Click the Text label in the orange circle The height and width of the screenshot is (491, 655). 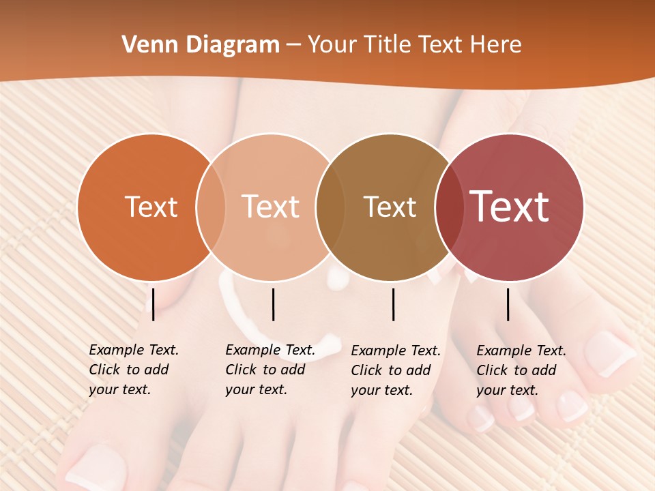pos(151,207)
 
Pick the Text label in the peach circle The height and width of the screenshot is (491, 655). pos(271,207)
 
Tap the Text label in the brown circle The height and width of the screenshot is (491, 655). pos(390,207)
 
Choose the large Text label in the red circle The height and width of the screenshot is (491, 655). pos(510,207)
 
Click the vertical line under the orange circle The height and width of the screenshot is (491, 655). pos(154,304)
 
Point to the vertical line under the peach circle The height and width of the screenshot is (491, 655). pos(273,304)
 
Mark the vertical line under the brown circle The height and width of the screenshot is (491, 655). pos(393,304)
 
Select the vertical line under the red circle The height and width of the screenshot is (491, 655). pos(508,304)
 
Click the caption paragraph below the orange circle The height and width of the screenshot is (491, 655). pos(133,370)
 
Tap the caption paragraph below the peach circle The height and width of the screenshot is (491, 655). pos(270,370)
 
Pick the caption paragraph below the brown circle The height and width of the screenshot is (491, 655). pos(395,370)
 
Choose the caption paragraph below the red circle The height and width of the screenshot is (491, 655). pos(521,370)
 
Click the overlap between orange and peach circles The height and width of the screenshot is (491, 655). pos(211,207)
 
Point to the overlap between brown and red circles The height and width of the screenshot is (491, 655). pos(448,207)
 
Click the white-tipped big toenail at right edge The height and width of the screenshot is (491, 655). pos(610,353)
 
